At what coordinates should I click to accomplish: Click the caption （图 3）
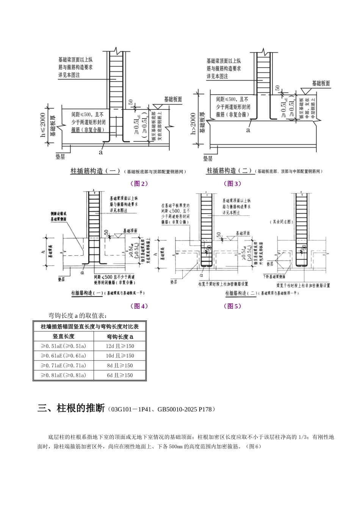tap(232, 184)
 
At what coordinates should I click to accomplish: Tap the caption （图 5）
tap(232, 306)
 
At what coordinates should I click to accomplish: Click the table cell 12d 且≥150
tap(120, 346)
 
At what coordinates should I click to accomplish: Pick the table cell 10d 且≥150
tap(120, 356)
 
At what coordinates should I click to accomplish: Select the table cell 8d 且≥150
tap(120, 365)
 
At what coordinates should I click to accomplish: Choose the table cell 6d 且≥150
tap(120, 375)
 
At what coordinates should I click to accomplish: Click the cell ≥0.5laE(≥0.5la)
tap(64, 346)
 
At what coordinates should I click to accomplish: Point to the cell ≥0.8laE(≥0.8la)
tap(64, 375)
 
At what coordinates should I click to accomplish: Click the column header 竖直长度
tap(64, 336)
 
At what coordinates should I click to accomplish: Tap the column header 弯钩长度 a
tap(120, 336)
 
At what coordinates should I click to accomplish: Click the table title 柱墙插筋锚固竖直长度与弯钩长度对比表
tap(89, 326)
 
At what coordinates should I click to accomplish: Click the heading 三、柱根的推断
tap(71, 409)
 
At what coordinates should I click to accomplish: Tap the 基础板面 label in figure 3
tap(321, 83)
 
